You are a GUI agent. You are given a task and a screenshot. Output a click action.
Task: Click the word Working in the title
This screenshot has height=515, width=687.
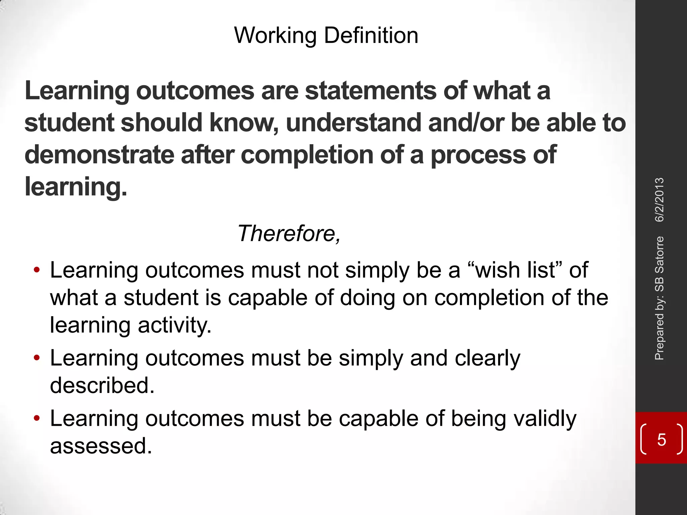coord(275,36)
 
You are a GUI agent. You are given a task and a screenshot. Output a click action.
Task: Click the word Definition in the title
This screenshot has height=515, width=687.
coord(371,36)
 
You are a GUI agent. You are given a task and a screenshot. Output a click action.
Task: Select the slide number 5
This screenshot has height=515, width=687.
coord(661,440)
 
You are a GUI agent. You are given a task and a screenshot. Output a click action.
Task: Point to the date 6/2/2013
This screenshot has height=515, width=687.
coord(659,199)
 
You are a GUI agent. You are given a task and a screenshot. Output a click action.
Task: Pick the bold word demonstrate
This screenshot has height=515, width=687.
coord(99,155)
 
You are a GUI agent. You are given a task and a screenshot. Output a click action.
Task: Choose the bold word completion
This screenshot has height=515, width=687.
coord(307,155)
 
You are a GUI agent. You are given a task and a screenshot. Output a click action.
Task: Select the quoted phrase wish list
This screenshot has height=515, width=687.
coord(515,270)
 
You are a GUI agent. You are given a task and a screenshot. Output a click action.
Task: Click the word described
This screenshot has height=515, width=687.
coord(102,385)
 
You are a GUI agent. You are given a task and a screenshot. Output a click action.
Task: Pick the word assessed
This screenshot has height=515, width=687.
coord(101,446)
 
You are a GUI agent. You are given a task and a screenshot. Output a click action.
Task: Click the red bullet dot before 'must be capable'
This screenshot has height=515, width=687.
coord(37,418)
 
